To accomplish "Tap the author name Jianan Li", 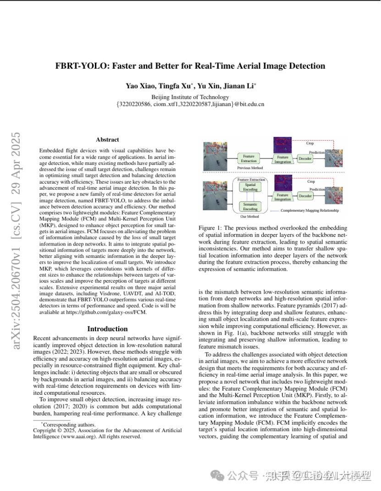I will point(241,86).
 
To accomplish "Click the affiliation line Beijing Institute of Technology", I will point(190,97).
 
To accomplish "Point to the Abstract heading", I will point(107,140).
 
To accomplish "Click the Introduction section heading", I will point(107,329).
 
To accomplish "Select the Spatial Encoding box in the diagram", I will point(250,187).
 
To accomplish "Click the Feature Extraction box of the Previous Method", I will point(249,158).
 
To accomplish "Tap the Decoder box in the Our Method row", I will point(305,196).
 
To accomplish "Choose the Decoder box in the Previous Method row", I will point(305,158).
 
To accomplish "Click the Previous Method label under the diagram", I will point(250,169).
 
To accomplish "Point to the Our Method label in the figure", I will point(249,216).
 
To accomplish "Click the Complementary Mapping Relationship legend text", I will point(309,211).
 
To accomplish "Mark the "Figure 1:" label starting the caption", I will point(210,228).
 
